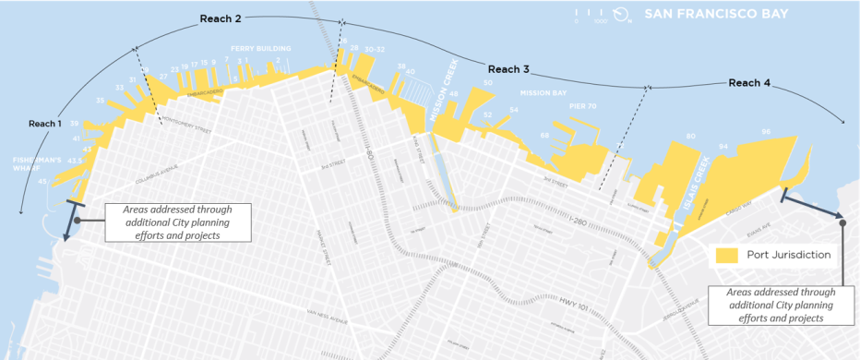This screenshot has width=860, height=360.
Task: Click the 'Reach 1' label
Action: pos(44,124)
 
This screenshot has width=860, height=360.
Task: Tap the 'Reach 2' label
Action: pos(221,18)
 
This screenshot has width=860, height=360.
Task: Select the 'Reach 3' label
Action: pos(508,69)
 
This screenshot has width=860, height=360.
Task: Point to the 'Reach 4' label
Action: pos(749,83)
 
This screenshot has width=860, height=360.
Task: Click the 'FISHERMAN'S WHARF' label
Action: pos(35,163)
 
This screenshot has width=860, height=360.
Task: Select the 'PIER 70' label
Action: pos(583,106)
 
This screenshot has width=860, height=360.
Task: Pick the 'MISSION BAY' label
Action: pos(542,93)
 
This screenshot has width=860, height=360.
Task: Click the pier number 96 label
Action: pos(765,131)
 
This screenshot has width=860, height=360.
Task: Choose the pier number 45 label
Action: pos(42,181)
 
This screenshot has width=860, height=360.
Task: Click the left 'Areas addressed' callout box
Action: pos(178,222)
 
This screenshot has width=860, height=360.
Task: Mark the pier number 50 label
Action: pos(487,83)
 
